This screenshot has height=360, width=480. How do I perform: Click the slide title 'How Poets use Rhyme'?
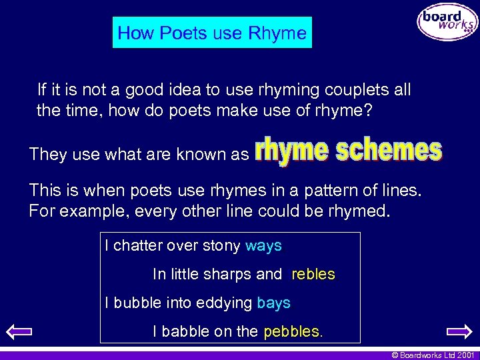(x=212, y=33)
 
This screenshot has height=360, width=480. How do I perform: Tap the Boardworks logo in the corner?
(x=447, y=23)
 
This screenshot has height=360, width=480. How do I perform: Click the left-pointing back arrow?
(x=22, y=331)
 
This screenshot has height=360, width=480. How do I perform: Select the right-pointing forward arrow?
(x=459, y=331)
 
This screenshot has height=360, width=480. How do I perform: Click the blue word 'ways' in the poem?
(x=263, y=245)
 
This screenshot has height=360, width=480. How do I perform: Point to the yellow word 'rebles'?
(x=313, y=274)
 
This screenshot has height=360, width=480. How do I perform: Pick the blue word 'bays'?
(x=273, y=303)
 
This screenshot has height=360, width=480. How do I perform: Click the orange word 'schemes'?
(x=389, y=151)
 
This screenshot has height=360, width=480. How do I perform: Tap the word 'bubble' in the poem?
(x=139, y=303)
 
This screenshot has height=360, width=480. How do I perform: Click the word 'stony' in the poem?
(x=221, y=246)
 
